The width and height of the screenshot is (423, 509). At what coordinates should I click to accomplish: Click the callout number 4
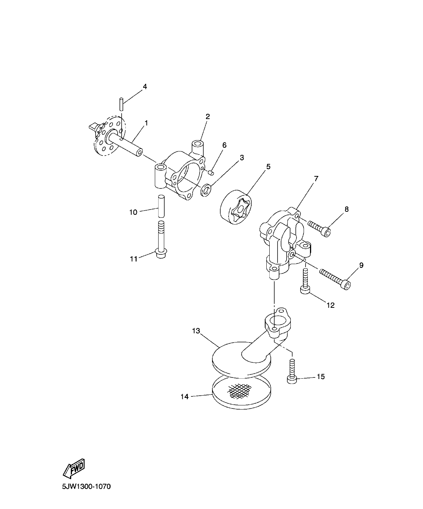pos(145,87)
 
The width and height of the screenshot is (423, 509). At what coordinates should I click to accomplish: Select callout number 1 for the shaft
pos(146,123)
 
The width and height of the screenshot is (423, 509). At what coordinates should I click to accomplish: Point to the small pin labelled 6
pos(211,173)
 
